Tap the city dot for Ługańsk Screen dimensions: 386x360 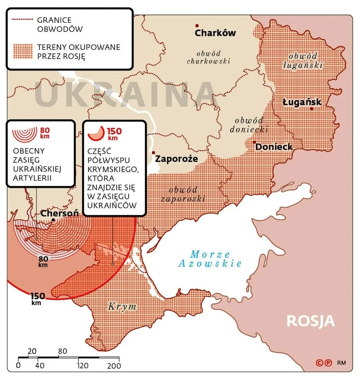pos(311,109)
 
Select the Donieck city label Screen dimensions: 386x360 pos(274,147)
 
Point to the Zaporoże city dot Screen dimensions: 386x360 pos(153,153)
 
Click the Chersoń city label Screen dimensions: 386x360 pos(59,213)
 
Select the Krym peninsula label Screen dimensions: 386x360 pos(122,307)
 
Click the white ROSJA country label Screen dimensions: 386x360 pos(311,321)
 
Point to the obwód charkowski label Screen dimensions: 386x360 pos(208,57)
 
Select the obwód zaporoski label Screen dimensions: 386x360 pos(183,194)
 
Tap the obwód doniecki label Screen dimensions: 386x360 pos(247,124)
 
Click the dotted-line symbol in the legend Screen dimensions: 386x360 pos(23,20)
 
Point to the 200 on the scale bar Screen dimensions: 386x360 pos(113,366)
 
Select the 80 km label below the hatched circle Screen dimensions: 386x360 pos(43,262)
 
